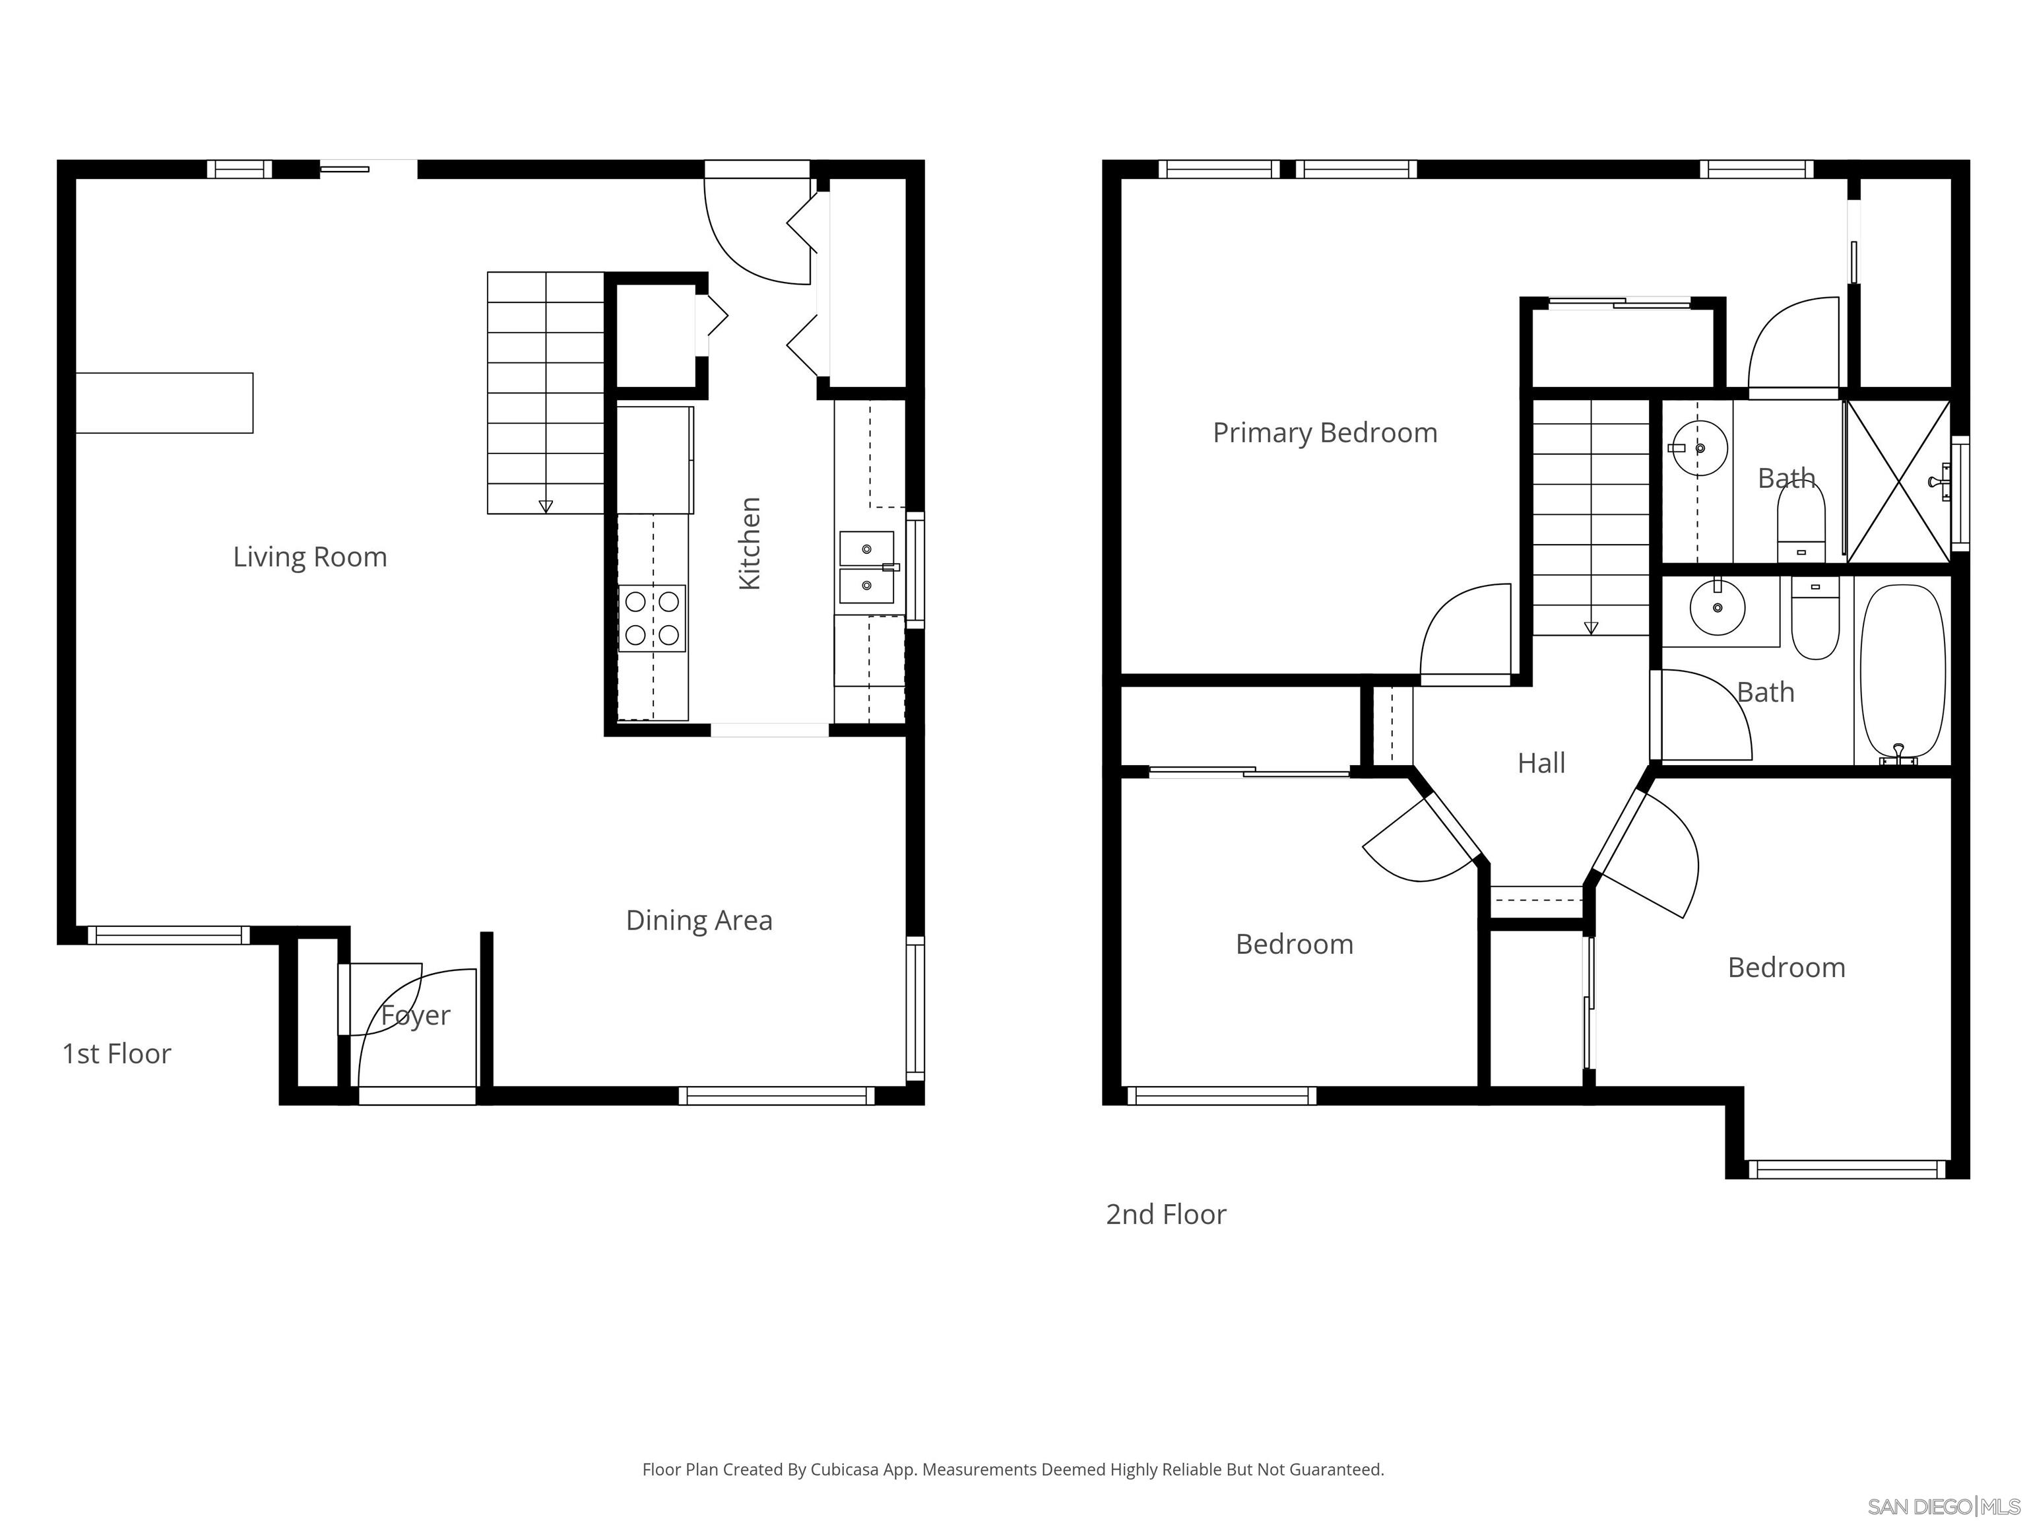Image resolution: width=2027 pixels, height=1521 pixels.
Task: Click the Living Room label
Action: click(309, 557)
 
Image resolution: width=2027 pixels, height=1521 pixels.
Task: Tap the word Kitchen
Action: click(750, 544)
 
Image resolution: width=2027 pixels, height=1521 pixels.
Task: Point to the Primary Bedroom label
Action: click(1324, 433)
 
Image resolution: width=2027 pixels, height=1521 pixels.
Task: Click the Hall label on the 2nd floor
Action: click(1541, 762)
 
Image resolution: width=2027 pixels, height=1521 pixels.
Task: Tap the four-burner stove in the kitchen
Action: click(651, 618)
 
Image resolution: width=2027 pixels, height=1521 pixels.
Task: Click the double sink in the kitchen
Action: click(866, 566)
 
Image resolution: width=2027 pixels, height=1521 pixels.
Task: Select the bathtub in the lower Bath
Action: click(1902, 669)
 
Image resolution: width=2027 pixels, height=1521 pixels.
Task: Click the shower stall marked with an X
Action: click(1898, 481)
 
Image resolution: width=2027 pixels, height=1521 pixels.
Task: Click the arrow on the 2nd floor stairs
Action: click(1591, 628)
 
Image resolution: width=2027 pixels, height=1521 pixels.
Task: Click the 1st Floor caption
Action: click(116, 1054)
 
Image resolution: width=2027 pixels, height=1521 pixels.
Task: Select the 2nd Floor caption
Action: click(1166, 1214)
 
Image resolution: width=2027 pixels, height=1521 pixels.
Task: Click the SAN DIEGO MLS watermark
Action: click(1943, 1506)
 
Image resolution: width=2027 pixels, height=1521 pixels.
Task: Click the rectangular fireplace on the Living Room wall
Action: click(164, 403)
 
